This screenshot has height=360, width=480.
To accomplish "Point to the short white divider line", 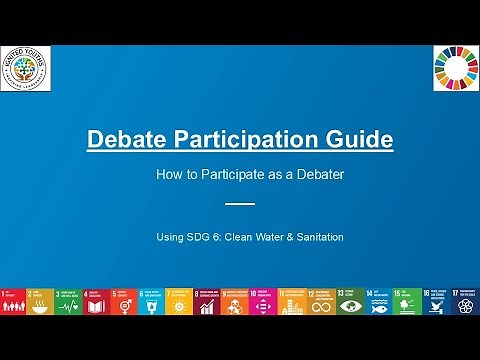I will pos(240,203).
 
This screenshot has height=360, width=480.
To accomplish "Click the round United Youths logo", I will pos(26,67).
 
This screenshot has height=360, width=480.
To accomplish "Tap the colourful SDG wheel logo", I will pos(454,67).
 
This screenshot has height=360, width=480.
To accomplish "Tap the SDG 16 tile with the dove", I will pos(437,301).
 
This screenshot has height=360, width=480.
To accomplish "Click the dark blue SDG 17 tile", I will pos(465,301).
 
